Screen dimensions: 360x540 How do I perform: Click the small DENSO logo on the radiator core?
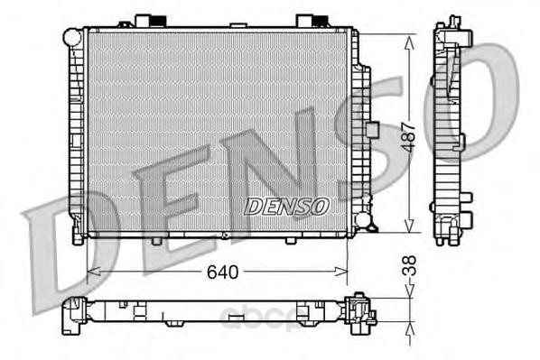(x=285, y=207)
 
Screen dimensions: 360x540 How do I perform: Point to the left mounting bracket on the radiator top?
(x=149, y=20)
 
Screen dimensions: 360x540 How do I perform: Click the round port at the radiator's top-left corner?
(x=73, y=36)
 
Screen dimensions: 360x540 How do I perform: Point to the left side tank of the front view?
(x=78, y=135)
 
